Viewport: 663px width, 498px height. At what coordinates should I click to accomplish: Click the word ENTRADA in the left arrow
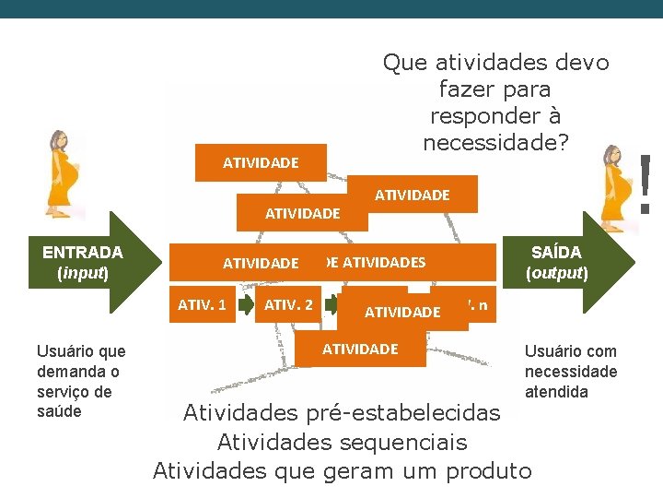pyautogui.click(x=83, y=253)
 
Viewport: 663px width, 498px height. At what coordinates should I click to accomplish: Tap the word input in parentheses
pyautogui.click(x=83, y=274)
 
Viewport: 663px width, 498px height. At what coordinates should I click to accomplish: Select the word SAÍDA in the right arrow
pyautogui.click(x=556, y=253)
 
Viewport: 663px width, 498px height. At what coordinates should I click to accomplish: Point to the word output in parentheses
pyautogui.click(x=556, y=274)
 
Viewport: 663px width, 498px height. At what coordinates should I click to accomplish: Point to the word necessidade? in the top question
pyautogui.click(x=496, y=143)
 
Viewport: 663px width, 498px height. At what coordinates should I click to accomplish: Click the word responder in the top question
pyautogui.click(x=495, y=116)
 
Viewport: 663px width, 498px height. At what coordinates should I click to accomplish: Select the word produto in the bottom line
pyautogui.click(x=488, y=471)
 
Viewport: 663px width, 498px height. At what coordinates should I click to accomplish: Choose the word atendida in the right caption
pyautogui.click(x=555, y=391)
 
